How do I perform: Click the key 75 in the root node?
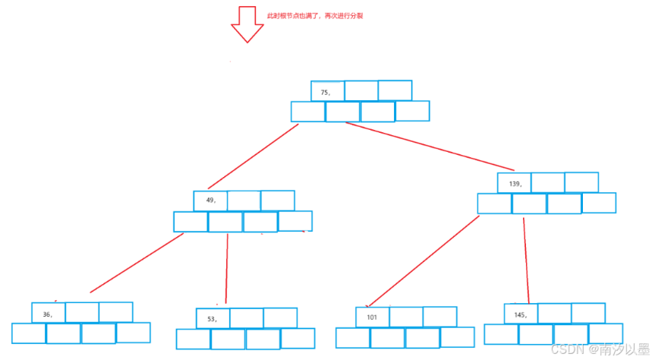pos(326,92)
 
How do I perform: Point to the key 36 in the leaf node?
pos(47,314)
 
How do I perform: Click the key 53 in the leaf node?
pos(212,319)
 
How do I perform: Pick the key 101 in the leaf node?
pos(371,317)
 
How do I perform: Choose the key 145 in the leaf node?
pos(520,314)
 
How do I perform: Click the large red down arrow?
pos(246,24)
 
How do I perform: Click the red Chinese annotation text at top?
pos(315,15)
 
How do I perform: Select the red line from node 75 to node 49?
pos(253,156)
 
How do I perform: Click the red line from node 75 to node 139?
pos(429,147)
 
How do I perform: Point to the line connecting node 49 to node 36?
pos(137,263)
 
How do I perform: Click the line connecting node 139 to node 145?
pos(525,258)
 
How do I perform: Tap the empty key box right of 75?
pos(361,91)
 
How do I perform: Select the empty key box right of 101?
pos(406,317)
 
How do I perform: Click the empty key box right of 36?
pos(82,312)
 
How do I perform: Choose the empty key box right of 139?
pos(547,182)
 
